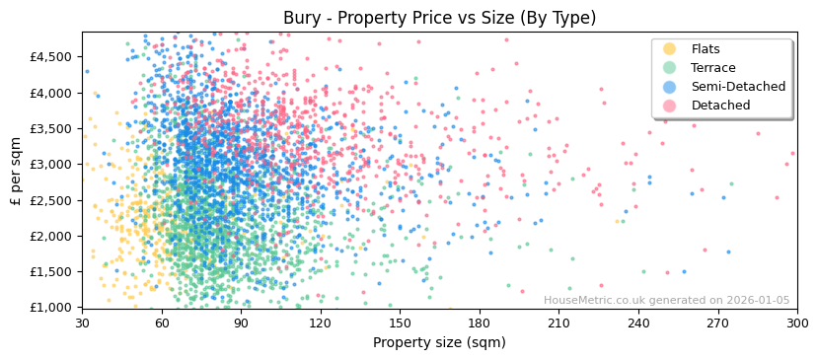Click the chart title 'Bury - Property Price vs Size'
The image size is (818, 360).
point(439,18)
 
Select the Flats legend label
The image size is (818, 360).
point(706,49)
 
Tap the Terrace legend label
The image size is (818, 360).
point(713,68)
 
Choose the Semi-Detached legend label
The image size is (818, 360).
point(738,87)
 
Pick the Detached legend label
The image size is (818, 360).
point(720,106)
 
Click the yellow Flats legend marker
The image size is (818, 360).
point(670,49)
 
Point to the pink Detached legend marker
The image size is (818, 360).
point(670,106)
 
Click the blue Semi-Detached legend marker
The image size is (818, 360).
point(670,87)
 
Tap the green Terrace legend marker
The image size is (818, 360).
point(670,68)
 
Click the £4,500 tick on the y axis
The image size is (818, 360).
point(54,57)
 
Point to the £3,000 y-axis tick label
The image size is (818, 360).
point(54,165)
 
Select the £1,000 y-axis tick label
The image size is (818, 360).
point(54,308)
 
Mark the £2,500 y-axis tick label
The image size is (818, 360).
point(54,200)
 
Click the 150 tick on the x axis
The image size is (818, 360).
point(400,324)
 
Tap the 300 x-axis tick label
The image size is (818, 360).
point(797,324)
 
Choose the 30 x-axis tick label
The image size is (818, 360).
point(82,324)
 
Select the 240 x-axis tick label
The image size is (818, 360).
point(638,324)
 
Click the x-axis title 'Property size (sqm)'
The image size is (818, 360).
point(439,343)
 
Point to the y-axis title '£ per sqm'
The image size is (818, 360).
point(17,170)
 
